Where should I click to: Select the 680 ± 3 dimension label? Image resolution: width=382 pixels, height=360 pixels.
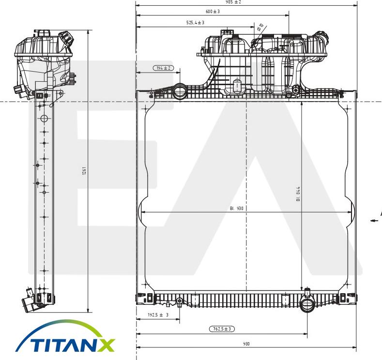coord(213,11)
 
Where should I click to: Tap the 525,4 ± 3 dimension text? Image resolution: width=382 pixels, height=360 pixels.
coord(195,22)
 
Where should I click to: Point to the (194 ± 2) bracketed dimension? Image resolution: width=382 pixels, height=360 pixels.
coord(164,68)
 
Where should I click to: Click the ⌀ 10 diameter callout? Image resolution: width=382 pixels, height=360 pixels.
coord(260,28)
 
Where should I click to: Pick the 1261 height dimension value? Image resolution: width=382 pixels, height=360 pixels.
coord(84,171)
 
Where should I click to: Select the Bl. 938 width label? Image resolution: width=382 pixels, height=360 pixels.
coord(237,209)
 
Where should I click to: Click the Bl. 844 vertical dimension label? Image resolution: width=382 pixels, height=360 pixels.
coord(298,194)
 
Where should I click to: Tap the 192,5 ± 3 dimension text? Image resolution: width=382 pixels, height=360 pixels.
coord(158,315)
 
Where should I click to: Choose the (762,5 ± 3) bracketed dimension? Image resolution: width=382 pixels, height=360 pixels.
coord(223,329)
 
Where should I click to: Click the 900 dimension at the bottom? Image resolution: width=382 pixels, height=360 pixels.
coord(246,344)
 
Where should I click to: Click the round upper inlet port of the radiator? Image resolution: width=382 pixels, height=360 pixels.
coord(180,91)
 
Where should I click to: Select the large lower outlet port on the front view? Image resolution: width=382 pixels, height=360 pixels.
coord(307,305)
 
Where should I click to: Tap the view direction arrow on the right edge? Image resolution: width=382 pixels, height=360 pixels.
coord(374,220)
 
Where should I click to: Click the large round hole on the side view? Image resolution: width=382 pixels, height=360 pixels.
coord(44,119)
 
